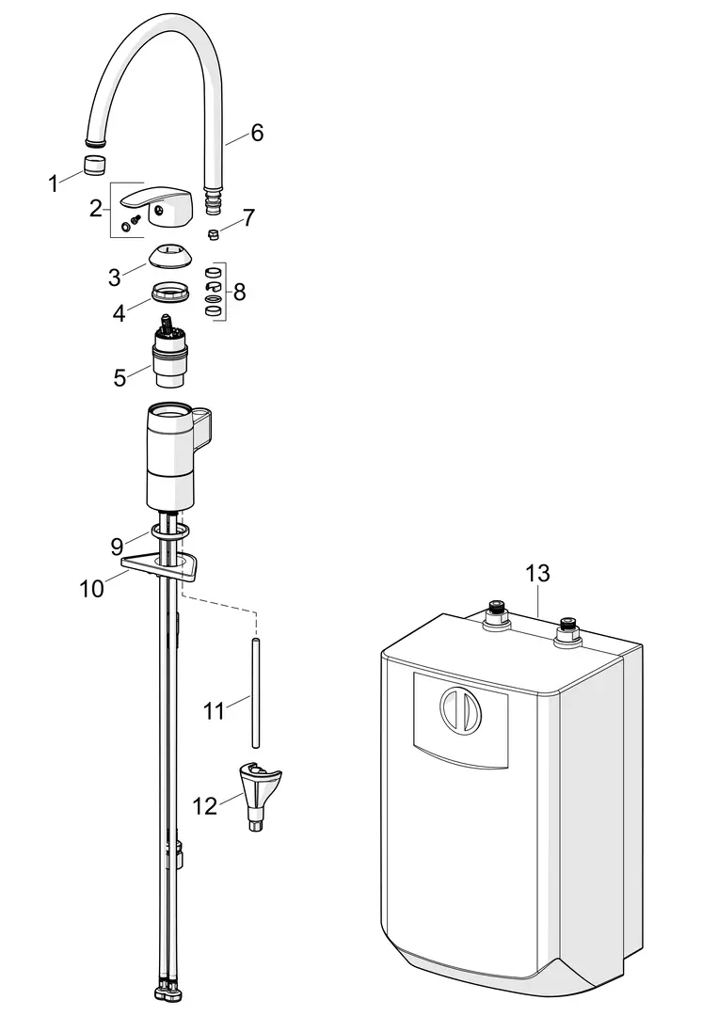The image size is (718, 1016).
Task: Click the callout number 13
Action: pos(537,573)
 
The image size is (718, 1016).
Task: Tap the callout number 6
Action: pos(257,133)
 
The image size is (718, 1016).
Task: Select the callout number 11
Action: pos(214,711)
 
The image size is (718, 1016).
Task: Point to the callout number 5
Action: pos(120,377)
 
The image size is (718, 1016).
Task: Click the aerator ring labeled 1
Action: pos(95,165)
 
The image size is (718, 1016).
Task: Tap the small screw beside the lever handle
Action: pos(132,223)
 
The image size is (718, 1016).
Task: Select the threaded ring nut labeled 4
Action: pos(171,293)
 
